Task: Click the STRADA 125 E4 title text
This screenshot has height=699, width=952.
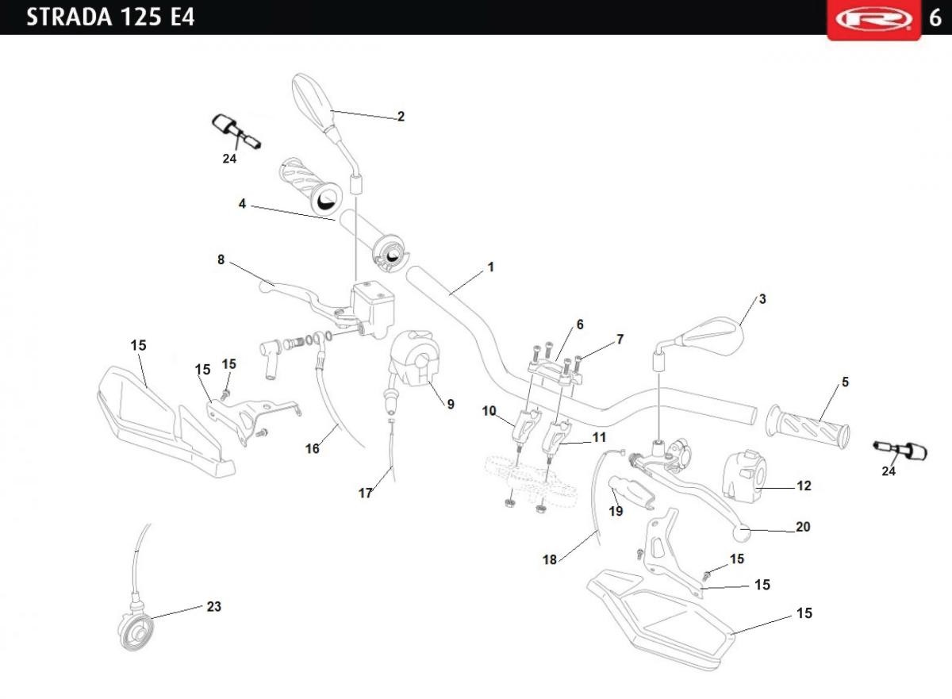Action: click(x=110, y=17)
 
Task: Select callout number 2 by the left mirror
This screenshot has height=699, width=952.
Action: click(x=401, y=117)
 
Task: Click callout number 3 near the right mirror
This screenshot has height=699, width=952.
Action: click(x=762, y=299)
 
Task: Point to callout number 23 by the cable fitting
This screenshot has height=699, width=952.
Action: click(x=213, y=607)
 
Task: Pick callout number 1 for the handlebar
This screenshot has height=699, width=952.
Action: click(x=490, y=267)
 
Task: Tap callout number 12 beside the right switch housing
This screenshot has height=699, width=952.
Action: click(x=804, y=486)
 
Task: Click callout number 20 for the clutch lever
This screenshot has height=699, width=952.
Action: click(x=803, y=527)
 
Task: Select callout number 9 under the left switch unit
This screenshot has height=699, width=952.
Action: click(x=450, y=404)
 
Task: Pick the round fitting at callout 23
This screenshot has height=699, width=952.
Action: click(x=137, y=628)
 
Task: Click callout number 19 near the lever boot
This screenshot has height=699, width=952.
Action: click(x=616, y=511)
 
